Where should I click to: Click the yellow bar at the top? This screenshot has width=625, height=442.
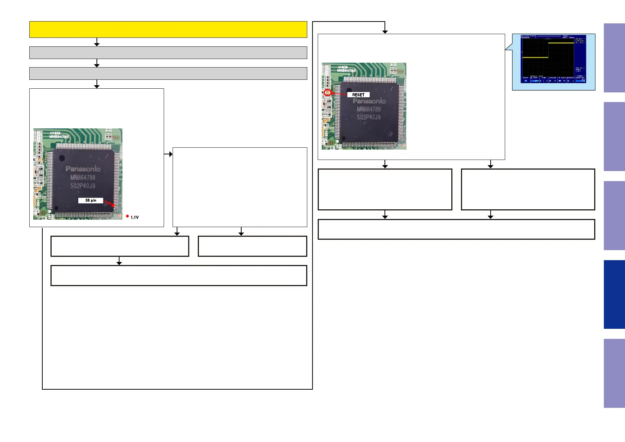[168, 29]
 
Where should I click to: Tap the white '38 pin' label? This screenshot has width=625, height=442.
[91, 200]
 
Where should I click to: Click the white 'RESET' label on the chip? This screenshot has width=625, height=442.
[358, 95]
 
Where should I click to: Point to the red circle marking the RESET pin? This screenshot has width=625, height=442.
[327, 92]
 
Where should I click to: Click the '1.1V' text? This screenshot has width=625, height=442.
[135, 217]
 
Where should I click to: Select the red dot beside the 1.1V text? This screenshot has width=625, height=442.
[127, 216]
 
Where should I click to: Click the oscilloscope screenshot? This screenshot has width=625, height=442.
[553, 59]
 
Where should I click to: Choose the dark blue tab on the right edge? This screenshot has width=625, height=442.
[614, 294]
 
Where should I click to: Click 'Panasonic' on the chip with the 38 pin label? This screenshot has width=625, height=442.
[83, 169]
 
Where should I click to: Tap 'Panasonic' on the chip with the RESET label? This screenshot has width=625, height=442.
[369, 101]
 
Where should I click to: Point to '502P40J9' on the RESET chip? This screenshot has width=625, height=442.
[369, 117]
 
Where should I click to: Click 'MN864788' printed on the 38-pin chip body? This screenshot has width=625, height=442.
[83, 177]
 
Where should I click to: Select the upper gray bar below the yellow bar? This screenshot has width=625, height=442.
[168, 53]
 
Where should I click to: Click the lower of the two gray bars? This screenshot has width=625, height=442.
[168, 73]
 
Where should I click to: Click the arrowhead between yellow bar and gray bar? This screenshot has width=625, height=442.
[97, 44]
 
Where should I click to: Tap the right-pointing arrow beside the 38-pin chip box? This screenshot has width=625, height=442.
[170, 154]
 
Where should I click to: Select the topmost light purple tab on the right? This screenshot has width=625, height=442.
[614, 58]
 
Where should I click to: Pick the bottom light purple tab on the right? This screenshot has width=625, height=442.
[614, 373]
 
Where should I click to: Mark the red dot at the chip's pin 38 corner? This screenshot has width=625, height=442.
[113, 205]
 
